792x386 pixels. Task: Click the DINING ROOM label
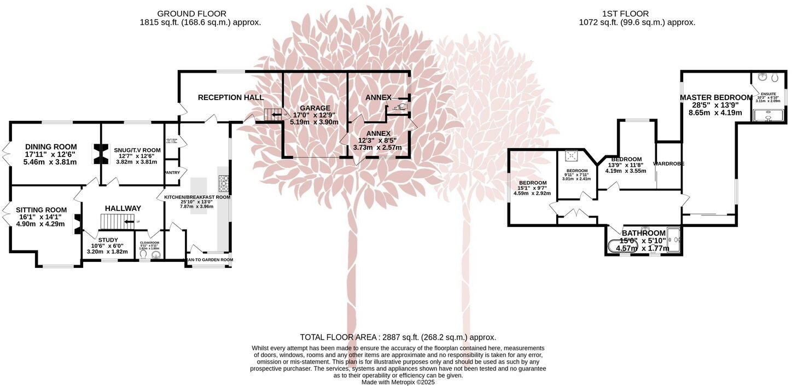click(51, 147)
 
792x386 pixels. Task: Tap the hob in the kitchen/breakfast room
click(224, 182)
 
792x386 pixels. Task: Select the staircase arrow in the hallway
click(130, 221)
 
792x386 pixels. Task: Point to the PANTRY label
click(172, 173)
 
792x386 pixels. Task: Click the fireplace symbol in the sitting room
click(77, 223)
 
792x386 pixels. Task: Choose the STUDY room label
click(108, 239)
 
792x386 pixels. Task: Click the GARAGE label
click(315, 108)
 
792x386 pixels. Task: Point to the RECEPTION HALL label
click(231, 97)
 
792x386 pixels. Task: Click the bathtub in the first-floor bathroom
click(623, 247)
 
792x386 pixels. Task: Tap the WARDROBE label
click(668, 163)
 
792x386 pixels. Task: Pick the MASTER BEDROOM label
click(716, 97)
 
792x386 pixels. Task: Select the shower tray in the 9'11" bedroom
click(573, 156)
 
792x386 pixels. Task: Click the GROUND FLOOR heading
click(191, 13)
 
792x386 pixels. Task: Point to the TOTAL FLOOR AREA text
click(398, 337)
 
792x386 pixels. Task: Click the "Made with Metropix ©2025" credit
click(398, 382)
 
